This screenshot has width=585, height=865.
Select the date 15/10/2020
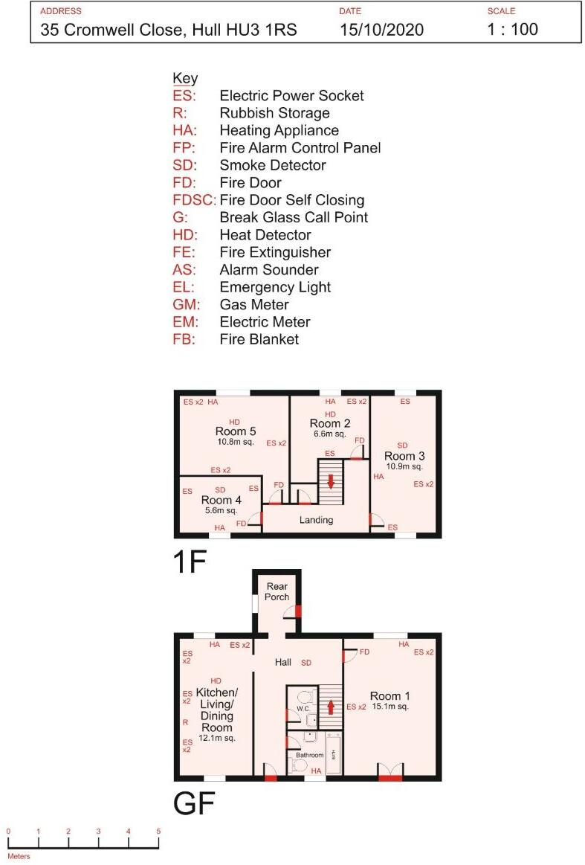381,30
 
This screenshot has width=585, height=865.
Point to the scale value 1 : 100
512,30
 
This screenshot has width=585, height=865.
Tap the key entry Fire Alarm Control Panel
300,148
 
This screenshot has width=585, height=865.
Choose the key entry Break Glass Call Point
294,217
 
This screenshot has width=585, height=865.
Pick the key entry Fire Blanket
259,339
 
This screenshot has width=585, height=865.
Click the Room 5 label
236,431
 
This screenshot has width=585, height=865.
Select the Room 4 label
221,501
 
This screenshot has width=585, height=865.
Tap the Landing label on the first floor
316,520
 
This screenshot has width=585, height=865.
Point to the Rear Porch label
277,592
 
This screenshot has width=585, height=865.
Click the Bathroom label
310,755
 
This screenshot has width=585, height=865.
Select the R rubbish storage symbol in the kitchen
185,722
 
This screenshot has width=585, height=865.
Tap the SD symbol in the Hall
306,662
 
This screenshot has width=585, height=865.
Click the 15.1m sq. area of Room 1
390,707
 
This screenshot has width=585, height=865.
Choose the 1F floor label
189,562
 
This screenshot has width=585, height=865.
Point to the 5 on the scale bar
158,831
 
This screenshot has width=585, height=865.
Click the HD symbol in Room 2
331,414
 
